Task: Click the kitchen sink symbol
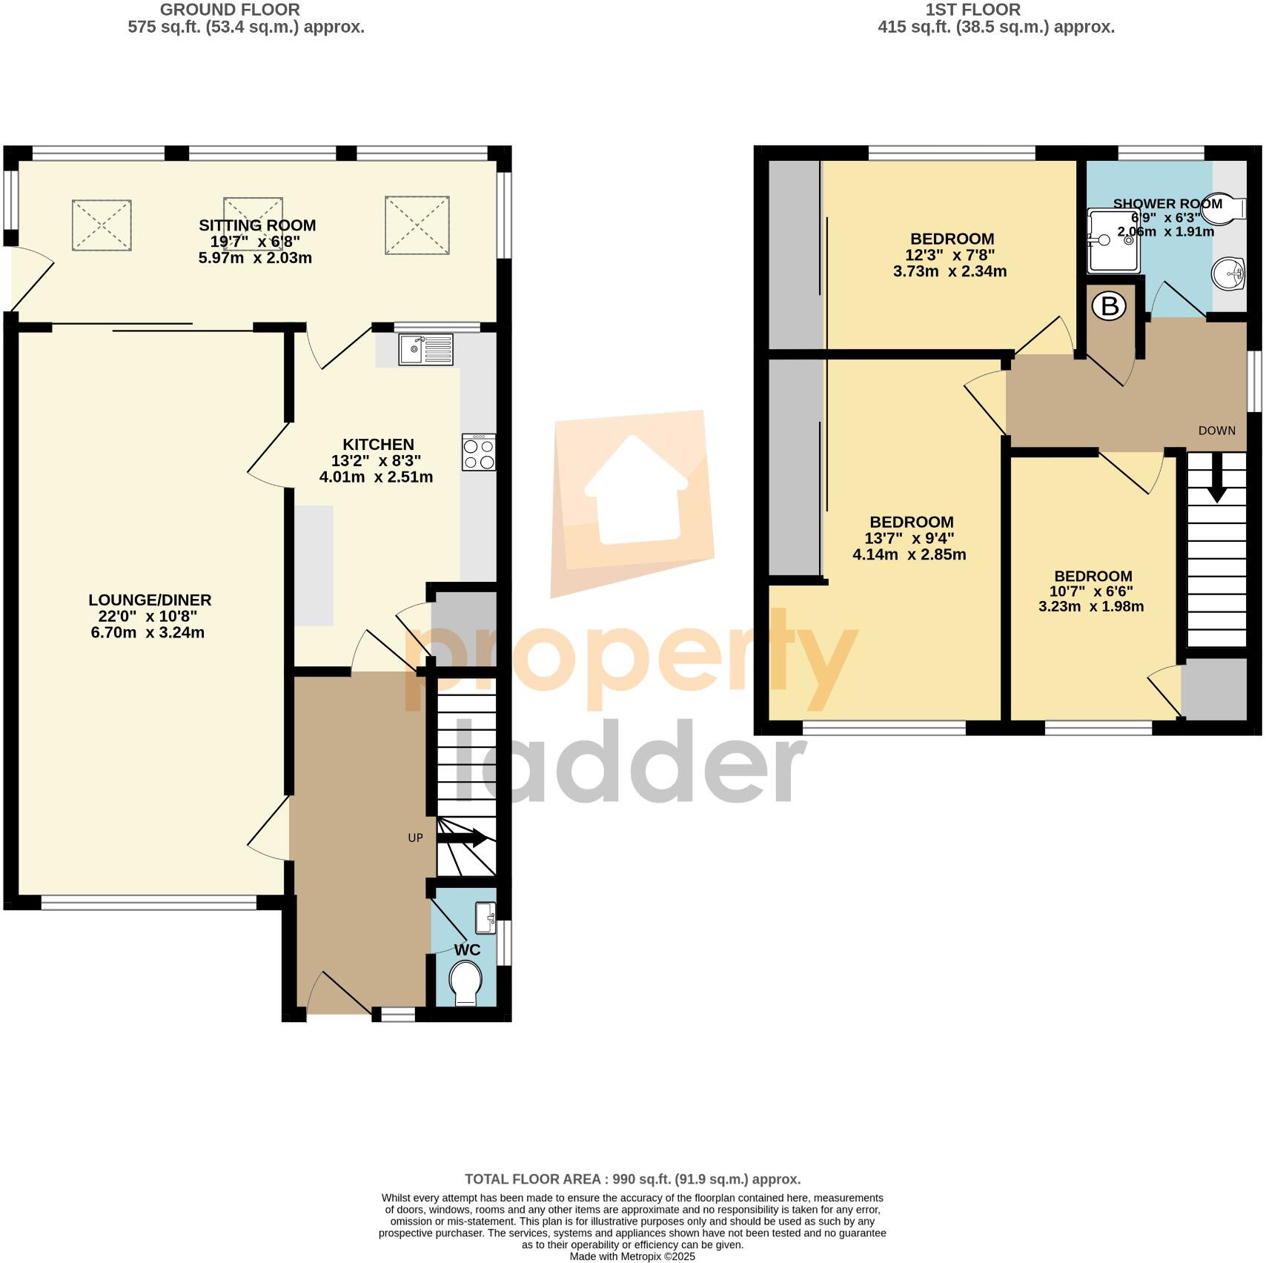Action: pyautogui.click(x=425, y=350)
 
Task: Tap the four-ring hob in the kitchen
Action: pyautogui.click(x=478, y=453)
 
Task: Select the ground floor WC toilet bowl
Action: pyautogui.click(x=465, y=984)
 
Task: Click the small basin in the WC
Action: pyautogui.click(x=486, y=918)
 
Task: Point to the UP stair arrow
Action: pyautogui.click(x=463, y=838)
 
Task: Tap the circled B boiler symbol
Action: pyautogui.click(x=1110, y=306)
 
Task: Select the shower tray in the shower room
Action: pyautogui.click(x=1113, y=240)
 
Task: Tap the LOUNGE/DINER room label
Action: pyautogui.click(x=150, y=600)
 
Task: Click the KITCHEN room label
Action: pyautogui.click(x=378, y=445)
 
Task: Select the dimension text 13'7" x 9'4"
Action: pyautogui.click(x=911, y=538)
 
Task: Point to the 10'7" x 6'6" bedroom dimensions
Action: pyautogui.click(x=1093, y=591)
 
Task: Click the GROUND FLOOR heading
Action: pyautogui.click(x=231, y=10)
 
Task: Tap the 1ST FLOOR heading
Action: pyautogui.click(x=972, y=10)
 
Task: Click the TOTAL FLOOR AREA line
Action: pyautogui.click(x=632, y=1179)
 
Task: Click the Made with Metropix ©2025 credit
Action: pyautogui.click(x=632, y=1256)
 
